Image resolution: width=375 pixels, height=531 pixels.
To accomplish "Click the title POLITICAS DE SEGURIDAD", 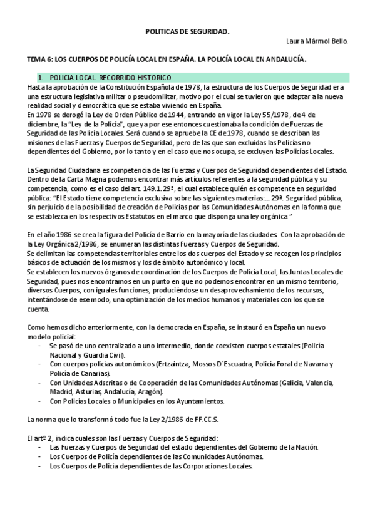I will tap(187, 30).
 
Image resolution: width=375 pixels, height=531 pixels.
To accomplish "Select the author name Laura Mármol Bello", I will tap(317, 41).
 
